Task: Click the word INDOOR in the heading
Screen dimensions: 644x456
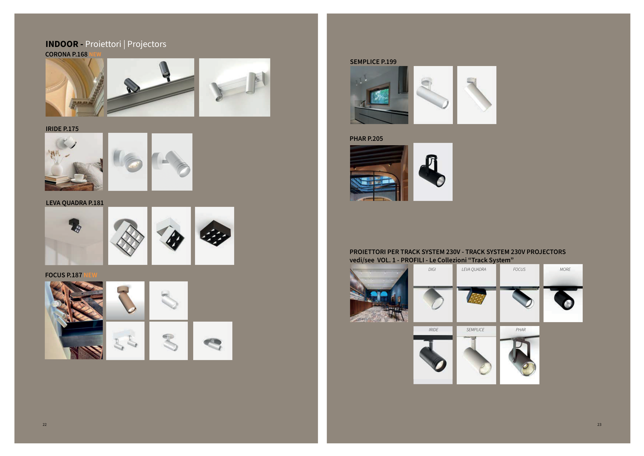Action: point(62,44)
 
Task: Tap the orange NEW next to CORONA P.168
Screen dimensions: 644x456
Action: point(95,54)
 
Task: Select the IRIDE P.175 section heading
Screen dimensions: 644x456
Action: point(62,129)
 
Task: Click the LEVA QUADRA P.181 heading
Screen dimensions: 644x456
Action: point(75,203)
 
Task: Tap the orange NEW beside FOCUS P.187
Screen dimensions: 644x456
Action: point(90,275)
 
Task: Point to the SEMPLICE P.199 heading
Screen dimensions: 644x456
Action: point(373,62)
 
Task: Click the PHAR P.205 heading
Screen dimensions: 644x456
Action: point(366,139)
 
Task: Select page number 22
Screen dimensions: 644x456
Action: point(45,425)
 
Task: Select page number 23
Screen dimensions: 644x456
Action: point(599,425)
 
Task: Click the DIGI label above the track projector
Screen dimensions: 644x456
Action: point(432,270)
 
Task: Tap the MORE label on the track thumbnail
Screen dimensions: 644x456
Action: point(565,270)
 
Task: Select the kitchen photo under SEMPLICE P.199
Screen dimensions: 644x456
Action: point(379,95)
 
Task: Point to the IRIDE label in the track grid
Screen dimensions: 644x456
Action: point(433,330)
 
